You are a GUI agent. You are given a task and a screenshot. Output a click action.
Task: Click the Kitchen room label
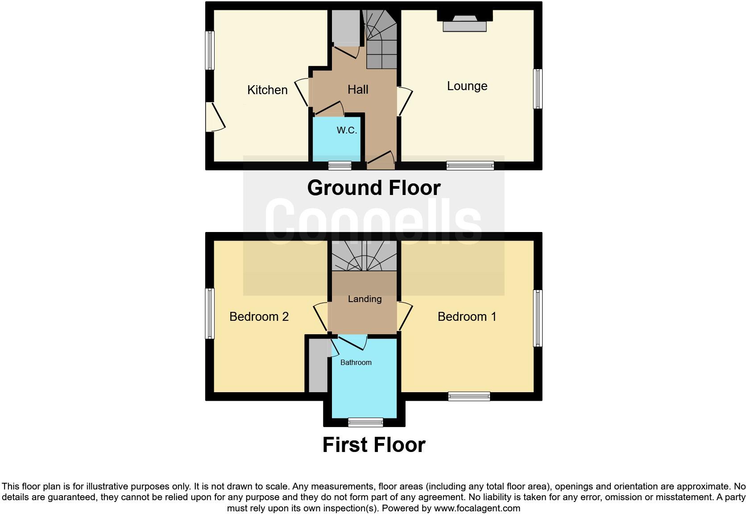click(267, 90)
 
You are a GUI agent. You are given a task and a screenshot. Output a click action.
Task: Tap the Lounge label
click(467, 86)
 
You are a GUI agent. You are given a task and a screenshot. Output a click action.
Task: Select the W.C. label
click(347, 130)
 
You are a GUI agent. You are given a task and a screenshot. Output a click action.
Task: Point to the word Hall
click(358, 89)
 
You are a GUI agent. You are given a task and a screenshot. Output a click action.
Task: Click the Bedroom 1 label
click(467, 316)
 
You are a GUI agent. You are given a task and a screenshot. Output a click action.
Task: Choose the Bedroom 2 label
click(259, 316)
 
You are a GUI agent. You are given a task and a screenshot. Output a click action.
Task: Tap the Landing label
click(365, 299)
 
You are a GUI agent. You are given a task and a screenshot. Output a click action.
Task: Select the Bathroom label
click(356, 362)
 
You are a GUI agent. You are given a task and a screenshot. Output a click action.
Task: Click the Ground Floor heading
click(373, 187)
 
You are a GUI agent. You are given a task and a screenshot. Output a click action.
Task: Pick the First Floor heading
click(373, 445)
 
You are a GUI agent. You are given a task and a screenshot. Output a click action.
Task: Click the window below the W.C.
click(340, 166)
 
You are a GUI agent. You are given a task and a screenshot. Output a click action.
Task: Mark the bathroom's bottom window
click(365, 422)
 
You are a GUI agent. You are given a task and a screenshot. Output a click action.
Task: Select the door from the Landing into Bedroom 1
click(404, 316)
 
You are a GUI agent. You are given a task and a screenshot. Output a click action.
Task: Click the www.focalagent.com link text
click(477, 508)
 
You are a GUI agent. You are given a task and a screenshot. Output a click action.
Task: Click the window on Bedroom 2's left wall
click(210, 313)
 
